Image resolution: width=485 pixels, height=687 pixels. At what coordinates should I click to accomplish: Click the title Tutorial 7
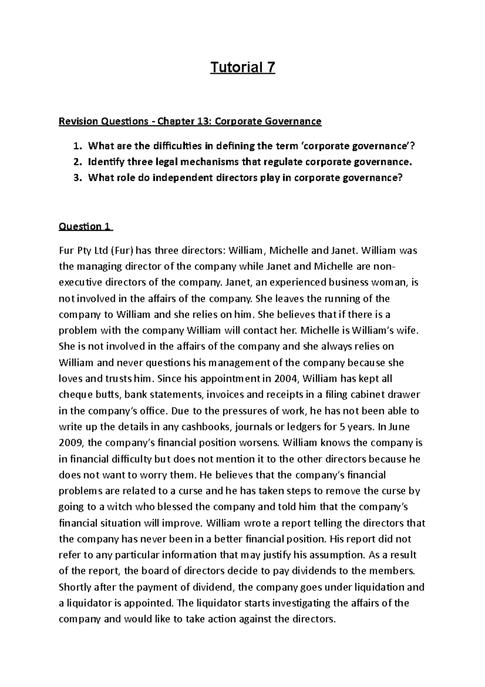242,67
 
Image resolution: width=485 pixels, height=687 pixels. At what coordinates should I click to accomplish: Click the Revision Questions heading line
190,121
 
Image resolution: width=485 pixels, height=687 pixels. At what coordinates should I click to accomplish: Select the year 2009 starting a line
70,443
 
